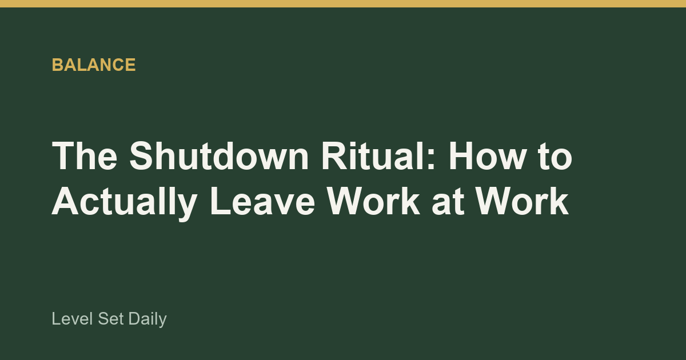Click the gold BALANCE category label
[x=94, y=65]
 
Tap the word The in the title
[x=85, y=155]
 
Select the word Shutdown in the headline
[x=219, y=155]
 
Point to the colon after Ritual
[x=430, y=159]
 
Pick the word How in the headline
[x=487, y=155]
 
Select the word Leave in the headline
[x=262, y=202]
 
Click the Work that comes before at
[x=373, y=202]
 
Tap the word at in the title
[x=448, y=204]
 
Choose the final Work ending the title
[x=522, y=202]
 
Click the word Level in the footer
[x=72, y=319]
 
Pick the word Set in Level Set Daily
[x=111, y=319]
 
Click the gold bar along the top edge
[x=343, y=3]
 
